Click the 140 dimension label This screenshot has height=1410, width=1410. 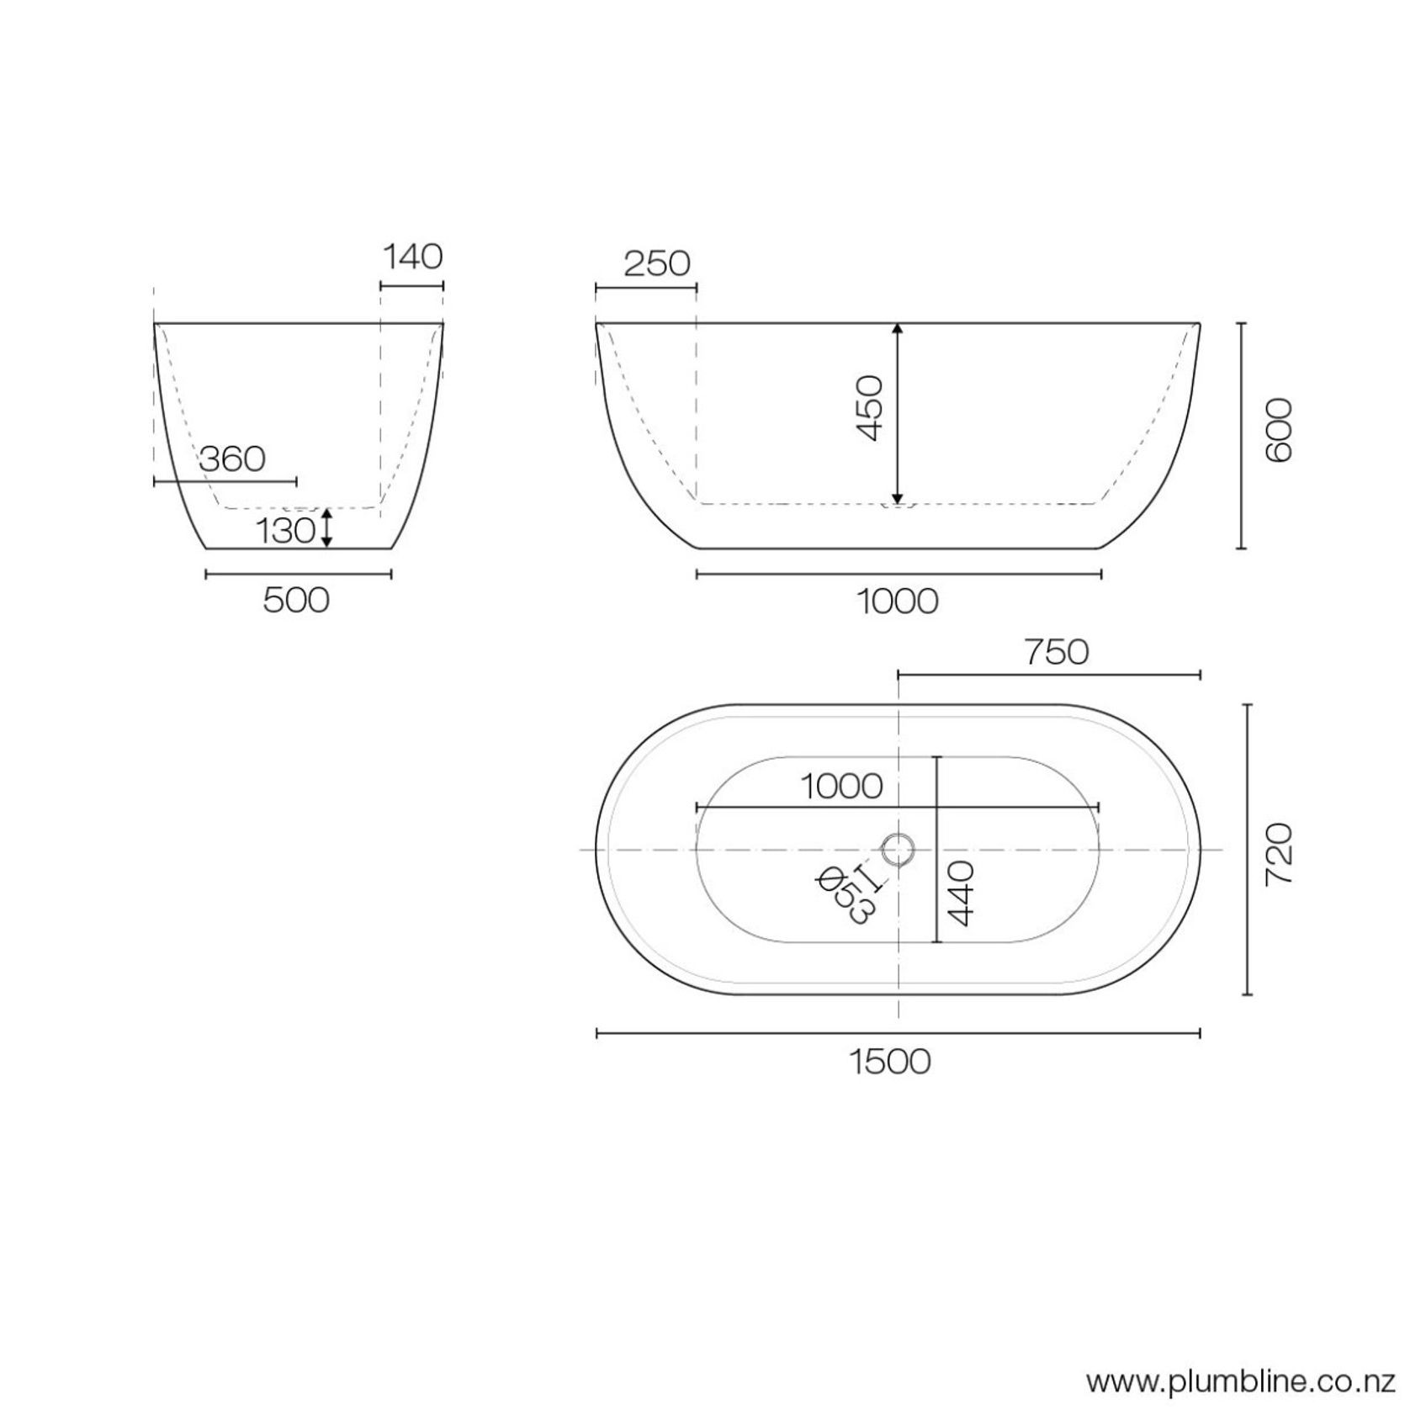tap(412, 257)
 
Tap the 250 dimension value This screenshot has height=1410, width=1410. tap(656, 264)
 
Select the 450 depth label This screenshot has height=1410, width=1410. tap(870, 408)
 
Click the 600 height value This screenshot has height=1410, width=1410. tap(1278, 430)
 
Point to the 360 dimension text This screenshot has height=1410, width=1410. tap(232, 459)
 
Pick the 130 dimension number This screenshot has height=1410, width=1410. tap(285, 532)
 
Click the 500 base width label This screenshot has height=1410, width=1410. tap(296, 601)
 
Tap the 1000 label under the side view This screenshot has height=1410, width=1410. tap(897, 602)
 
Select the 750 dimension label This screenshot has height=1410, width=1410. tap(1056, 653)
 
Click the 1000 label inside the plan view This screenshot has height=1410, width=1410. tap(840, 787)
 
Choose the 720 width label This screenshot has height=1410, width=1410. tap(1278, 853)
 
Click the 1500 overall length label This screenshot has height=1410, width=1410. tap(889, 1063)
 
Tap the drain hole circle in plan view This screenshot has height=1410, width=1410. tap(898, 850)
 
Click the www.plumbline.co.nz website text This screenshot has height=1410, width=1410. tap(1241, 1381)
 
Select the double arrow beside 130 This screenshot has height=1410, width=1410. tap(327, 527)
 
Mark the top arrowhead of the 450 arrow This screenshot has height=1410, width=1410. tap(898, 330)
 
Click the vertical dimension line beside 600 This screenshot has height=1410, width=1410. tap(1241, 436)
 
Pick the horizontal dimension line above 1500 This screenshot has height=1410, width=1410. tap(898, 1033)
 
